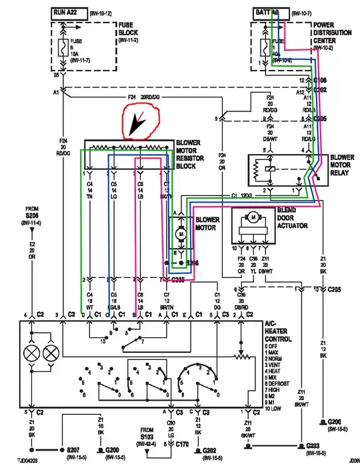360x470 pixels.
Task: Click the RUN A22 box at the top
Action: tap(72, 11)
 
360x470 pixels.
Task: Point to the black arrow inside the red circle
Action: tap(141, 123)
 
